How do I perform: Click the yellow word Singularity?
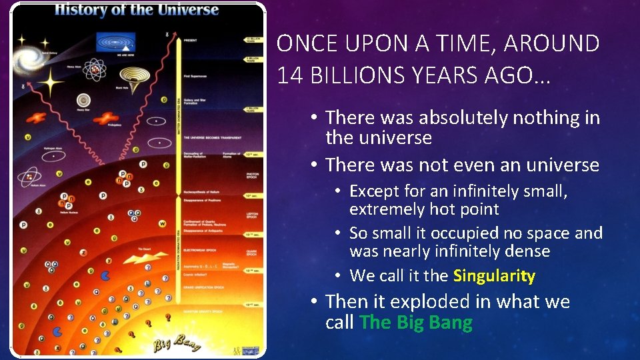(x=494, y=276)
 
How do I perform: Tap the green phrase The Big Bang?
(x=415, y=323)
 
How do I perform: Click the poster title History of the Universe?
(x=137, y=10)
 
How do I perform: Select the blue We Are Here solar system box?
(x=115, y=41)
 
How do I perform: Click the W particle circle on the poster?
(x=162, y=223)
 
